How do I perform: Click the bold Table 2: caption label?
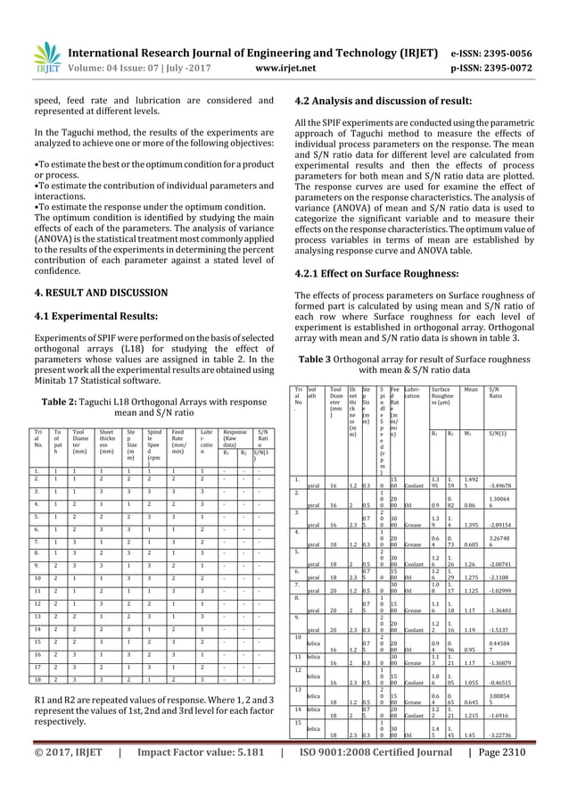pyautogui.click(x=63, y=401)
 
